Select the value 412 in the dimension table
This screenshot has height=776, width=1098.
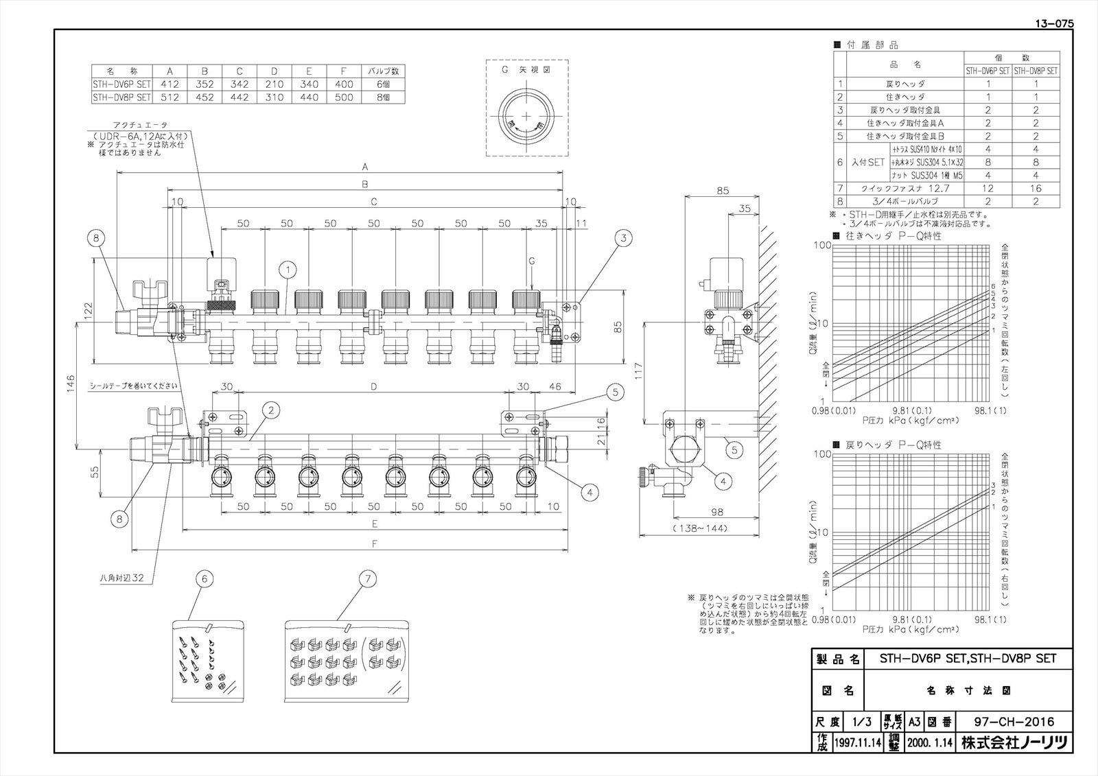pos(169,84)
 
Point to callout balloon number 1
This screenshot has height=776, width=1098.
pos(287,271)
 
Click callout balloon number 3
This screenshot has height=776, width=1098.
pos(623,239)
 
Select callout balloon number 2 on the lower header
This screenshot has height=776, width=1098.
pos(272,410)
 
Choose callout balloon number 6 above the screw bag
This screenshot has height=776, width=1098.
pos(204,579)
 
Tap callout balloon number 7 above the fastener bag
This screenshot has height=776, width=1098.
pos(367,579)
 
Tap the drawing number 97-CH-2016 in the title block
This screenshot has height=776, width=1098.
pos(1014,722)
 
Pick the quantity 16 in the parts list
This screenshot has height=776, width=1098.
pos(1036,188)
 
